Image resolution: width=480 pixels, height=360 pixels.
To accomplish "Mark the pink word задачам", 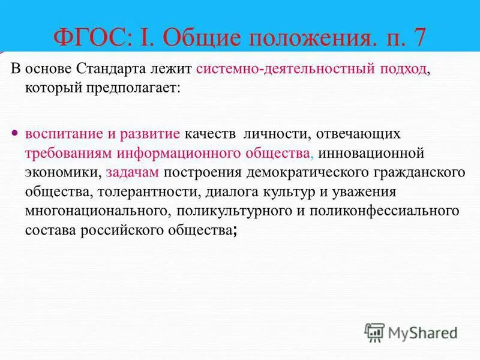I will coord(133,172).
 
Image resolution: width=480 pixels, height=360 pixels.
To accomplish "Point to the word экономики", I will coord(62,172).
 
